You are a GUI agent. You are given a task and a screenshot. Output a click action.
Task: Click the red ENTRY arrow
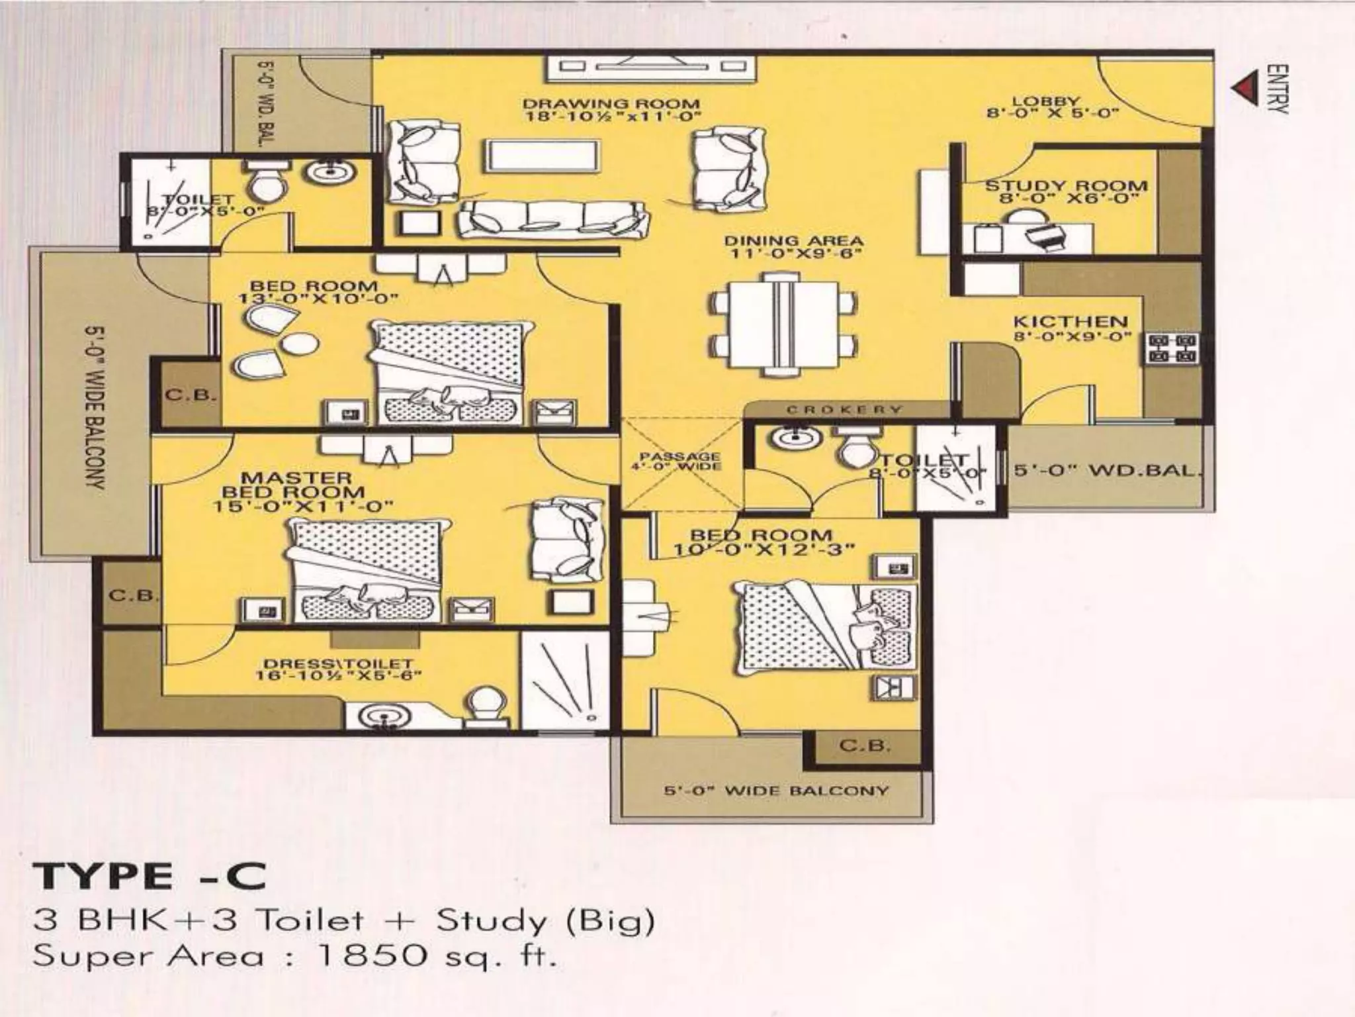point(1246,89)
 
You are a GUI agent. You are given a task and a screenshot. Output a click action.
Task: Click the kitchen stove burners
point(1172,349)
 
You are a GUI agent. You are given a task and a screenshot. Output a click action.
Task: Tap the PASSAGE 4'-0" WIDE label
point(679,461)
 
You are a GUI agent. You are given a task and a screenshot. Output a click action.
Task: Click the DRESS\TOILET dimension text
point(339,676)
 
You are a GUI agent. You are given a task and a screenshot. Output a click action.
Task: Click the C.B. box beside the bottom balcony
point(865,746)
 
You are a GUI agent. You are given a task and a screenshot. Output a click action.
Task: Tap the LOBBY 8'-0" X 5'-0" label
point(1053,107)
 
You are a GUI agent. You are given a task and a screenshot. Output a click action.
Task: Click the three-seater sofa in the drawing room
point(553,220)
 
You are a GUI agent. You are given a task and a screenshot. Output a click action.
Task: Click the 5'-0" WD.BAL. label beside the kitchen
point(1107,471)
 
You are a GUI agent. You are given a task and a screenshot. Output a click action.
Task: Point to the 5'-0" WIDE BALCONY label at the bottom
point(776,791)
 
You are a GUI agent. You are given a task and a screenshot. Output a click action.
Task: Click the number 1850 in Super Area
point(371,955)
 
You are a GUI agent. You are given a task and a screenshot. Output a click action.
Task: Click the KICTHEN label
point(1070,322)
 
